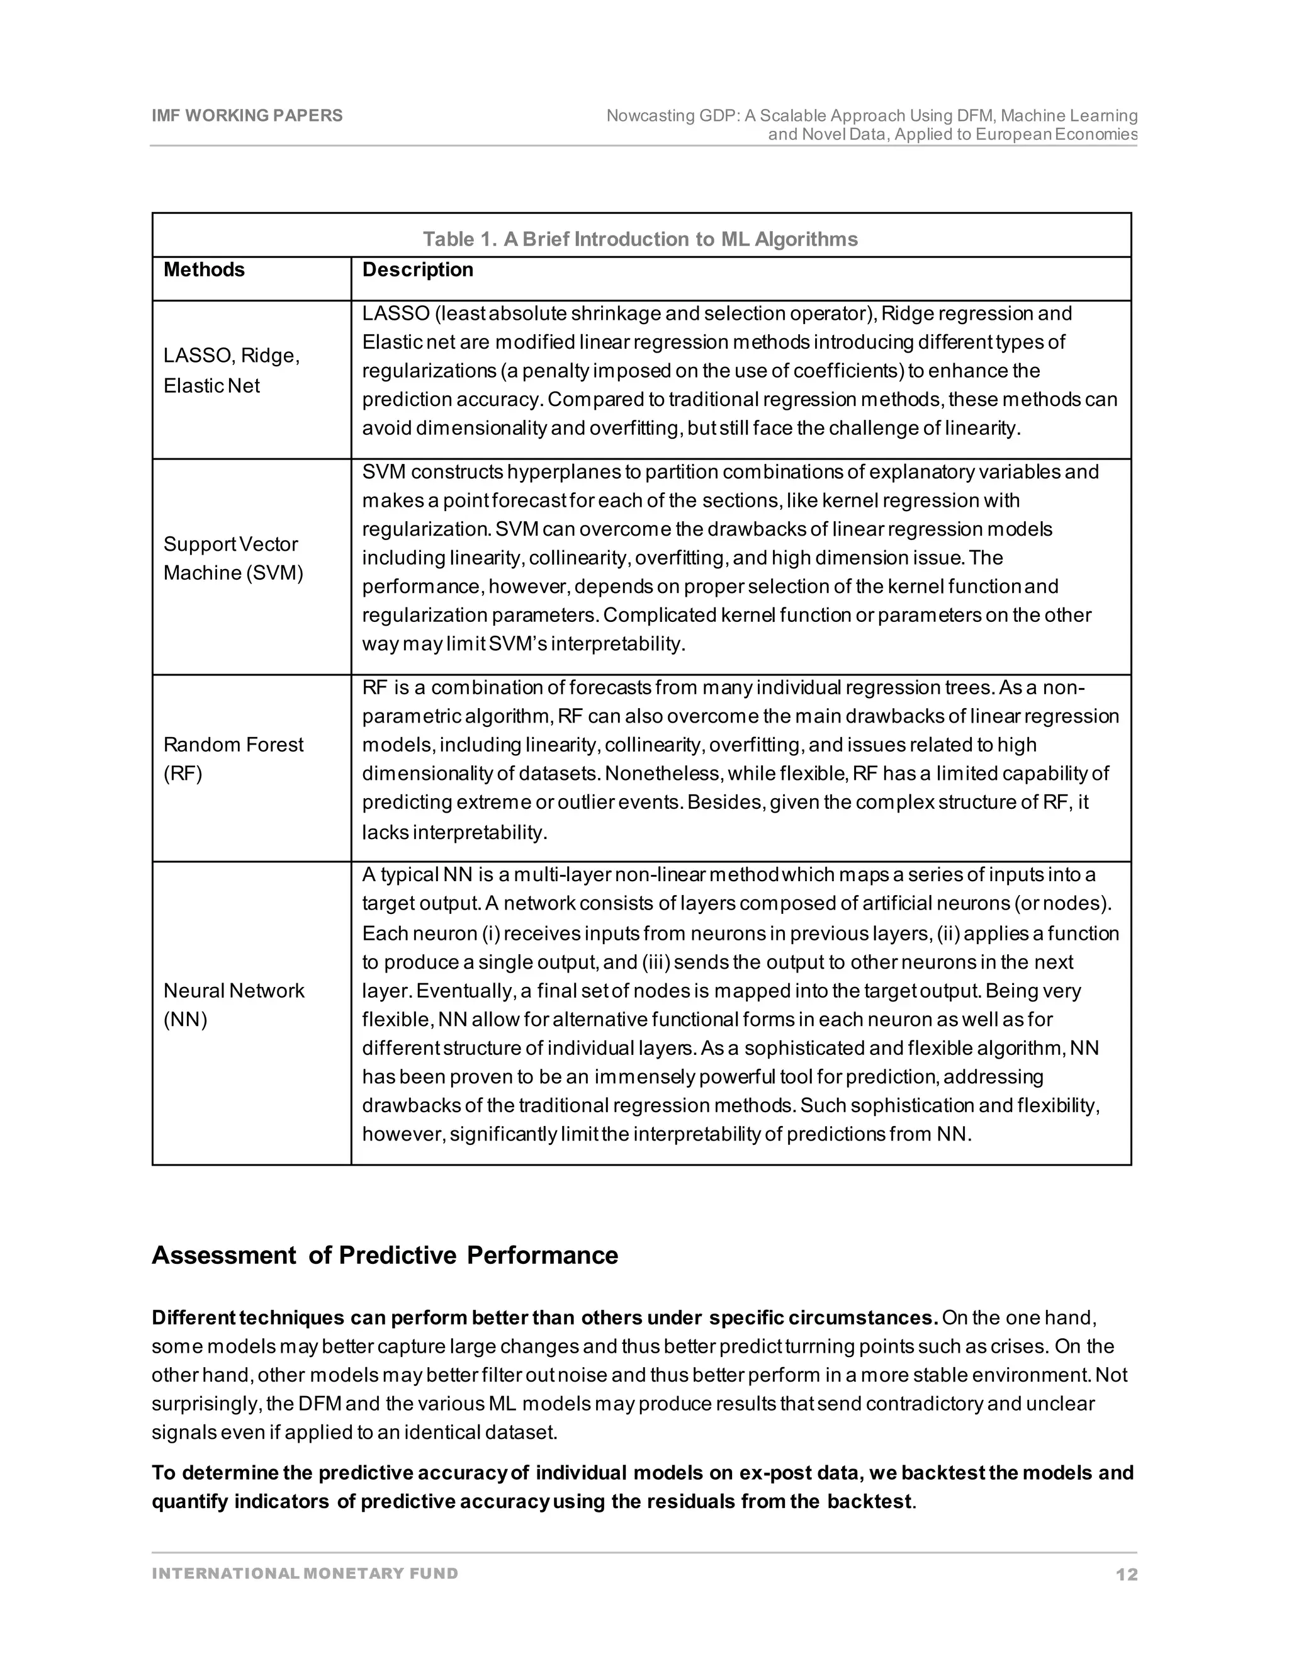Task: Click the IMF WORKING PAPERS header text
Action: tap(247, 115)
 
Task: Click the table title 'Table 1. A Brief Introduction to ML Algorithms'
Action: tap(640, 239)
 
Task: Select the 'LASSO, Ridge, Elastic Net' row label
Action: tap(232, 370)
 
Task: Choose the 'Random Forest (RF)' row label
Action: tap(233, 758)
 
